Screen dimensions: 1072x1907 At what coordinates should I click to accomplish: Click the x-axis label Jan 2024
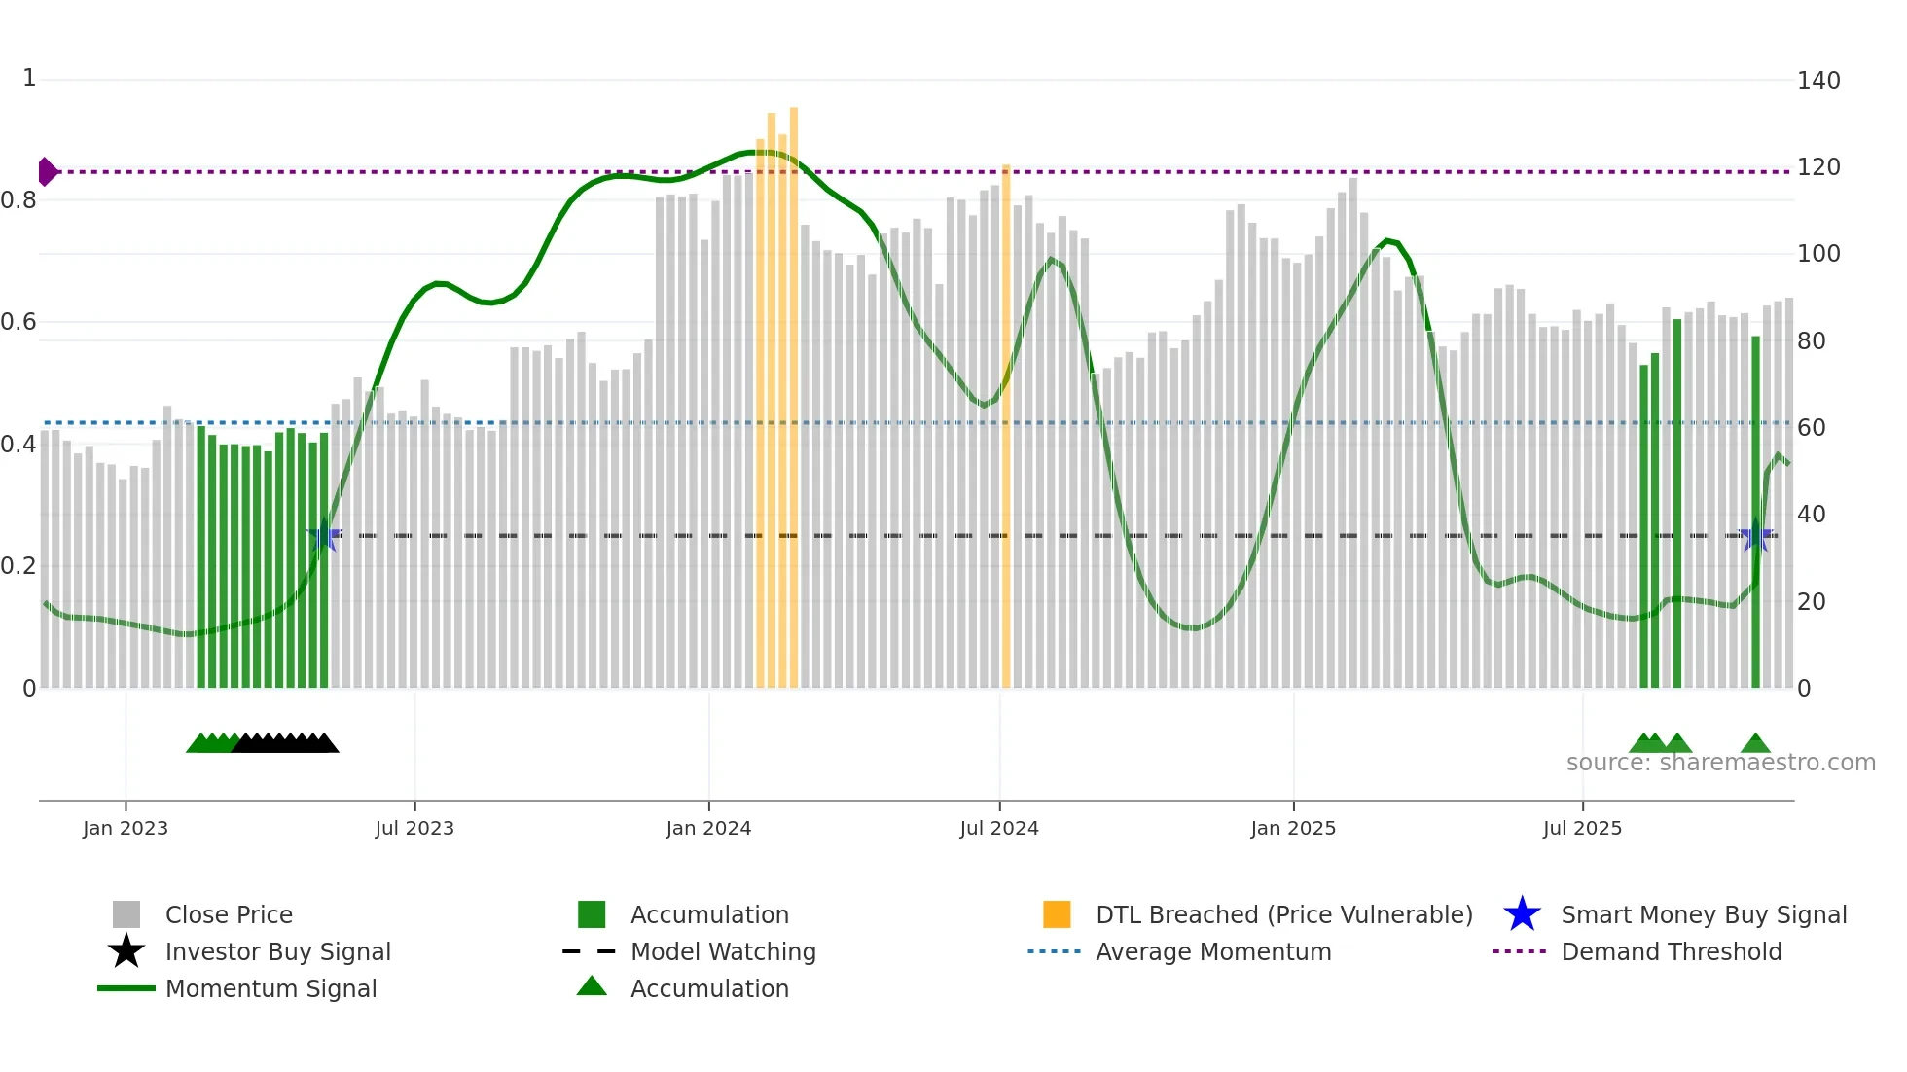click(x=708, y=828)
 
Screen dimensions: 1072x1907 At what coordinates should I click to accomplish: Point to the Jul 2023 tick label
click(x=414, y=828)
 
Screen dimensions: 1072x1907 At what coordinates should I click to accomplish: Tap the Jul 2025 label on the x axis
click(x=1582, y=828)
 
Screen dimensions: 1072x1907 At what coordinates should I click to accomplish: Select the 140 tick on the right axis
click(x=1817, y=81)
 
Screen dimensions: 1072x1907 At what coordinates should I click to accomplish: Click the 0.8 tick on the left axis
click(x=18, y=200)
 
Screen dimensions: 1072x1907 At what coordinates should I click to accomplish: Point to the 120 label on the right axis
click(x=1817, y=167)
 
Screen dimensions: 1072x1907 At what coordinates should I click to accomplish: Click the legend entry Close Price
click(x=229, y=914)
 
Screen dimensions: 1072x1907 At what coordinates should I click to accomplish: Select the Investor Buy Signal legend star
click(x=126, y=951)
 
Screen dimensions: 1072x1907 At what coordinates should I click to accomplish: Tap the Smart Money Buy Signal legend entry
click(x=1703, y=914)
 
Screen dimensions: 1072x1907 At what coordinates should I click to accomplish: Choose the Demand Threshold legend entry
click(x=1671, y=951)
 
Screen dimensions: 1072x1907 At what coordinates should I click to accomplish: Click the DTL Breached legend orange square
click(x=1057, y=914)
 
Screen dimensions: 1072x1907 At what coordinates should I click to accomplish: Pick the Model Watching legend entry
click(x=723, y=951)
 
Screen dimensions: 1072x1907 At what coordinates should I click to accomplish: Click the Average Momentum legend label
click(x=1212, y=951)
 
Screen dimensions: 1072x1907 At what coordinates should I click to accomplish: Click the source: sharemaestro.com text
click(x=1720, y=763)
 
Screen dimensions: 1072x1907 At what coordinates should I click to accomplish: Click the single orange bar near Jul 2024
click(x=1006, y=428)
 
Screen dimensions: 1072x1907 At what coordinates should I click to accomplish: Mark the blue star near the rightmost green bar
click(x=1756, y=536)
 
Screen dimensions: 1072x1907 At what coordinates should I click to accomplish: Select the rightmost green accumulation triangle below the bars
click(x=1755, y=744)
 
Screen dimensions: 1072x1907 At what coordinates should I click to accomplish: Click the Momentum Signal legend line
click(x=126, y=988)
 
